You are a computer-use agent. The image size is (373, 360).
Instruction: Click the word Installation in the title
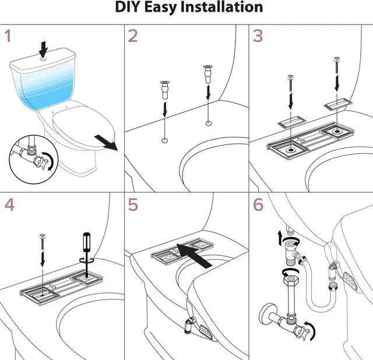coord(214,8)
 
